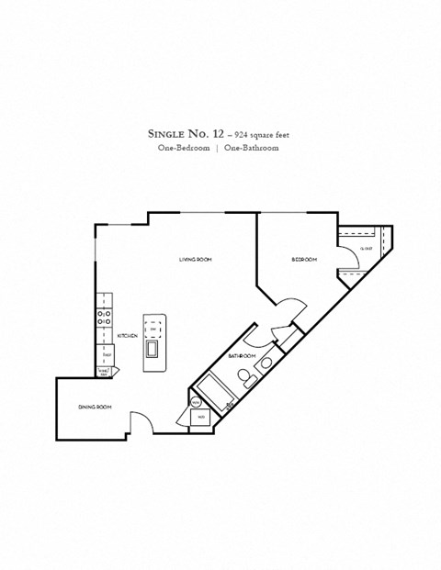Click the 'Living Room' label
[x=195, y=260]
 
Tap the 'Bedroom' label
[x=304, y=260]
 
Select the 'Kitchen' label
[x=127, y=336]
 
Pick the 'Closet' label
[x=365, y=248]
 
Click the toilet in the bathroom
[x=244, y=375]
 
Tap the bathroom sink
[x=266, y=363]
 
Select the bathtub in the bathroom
[x=216, y=386]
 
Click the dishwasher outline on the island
[x=154, y=327]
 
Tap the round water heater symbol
[x=197, y=402]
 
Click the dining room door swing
[x=139, y=423]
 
